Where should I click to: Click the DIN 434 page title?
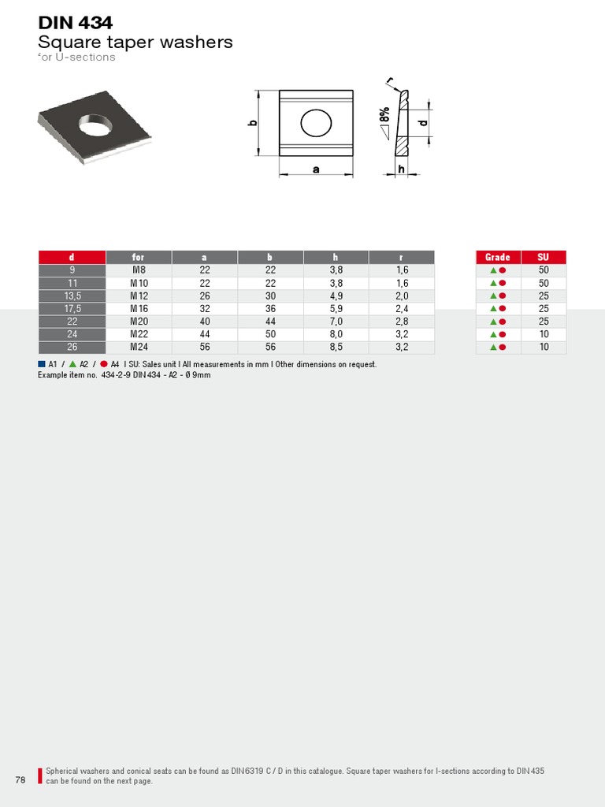76,24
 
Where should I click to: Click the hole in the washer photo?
95,125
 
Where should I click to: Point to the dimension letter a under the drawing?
316,169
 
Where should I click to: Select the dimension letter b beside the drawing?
253,125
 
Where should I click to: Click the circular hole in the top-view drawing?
317,123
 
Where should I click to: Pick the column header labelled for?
139,257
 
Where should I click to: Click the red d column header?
72,257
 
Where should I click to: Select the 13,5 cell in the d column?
72,296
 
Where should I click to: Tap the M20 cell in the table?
139,322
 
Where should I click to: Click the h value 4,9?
336,296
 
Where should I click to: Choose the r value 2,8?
402,322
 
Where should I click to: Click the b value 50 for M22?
270,334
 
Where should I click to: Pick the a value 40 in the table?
205,322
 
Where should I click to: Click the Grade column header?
497,257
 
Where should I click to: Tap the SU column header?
544,257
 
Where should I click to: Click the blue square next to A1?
42,364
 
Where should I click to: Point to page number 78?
20,780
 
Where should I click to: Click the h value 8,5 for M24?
336,347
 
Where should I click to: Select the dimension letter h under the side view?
401,169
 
